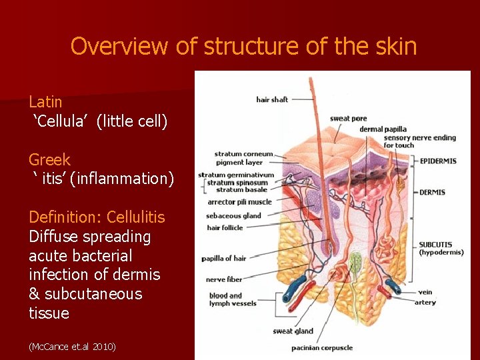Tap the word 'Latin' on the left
(x=45, y=102)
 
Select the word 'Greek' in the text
(x=49, y=160)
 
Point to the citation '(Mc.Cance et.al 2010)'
(x=72, y=347)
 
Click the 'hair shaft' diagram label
(x=272, y=100)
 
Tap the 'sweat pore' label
(x=348, y=119)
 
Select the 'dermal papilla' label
(x=383, y=129)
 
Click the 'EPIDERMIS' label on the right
(x=438, y=161)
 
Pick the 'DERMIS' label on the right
(x=433, y=193)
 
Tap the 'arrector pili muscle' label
(x=239, y=202)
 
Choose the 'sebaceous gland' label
(x=233, y=216)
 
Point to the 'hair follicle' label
(x=225, y=228)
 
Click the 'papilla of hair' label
(x=224, y=259)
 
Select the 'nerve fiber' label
(x=225, y=280)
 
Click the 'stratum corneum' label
(x=243, y=155)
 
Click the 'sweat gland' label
(x=293, y=331)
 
